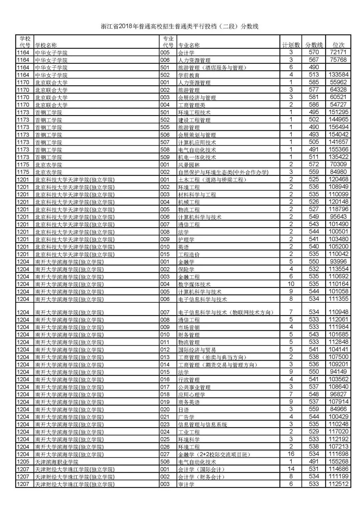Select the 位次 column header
[x=338, y=45]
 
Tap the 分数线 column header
[x=314, y=45]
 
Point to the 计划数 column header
[x=291, y=45]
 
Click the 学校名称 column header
[x=46, y=45]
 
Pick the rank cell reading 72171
[x=338, y=52]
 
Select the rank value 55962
[x=338, y=82]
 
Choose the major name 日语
[x=184, y=410]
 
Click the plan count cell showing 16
[x=291, y=454]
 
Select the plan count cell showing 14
[x=291, y=469]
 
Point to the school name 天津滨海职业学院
[x=57, y=462]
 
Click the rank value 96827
[x=338, y=394]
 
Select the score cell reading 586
[x=314, y=105]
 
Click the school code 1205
[x=23, y=462]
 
